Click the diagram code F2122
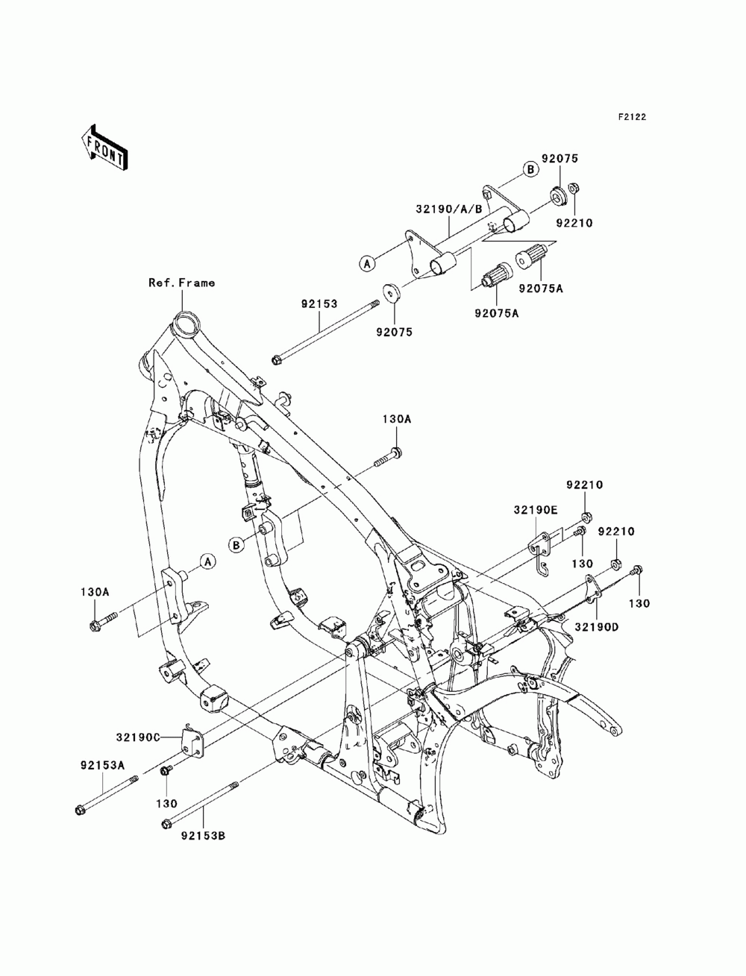click(x=632, y=117)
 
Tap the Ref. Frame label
click(x=181, y=283)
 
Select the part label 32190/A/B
click(x=449, y=209)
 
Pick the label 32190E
click(x=536, y=510)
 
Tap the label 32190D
click(x=597, y=627)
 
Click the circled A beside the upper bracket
click(x=367, y=263)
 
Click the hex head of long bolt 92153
click(x=276, y=359)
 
